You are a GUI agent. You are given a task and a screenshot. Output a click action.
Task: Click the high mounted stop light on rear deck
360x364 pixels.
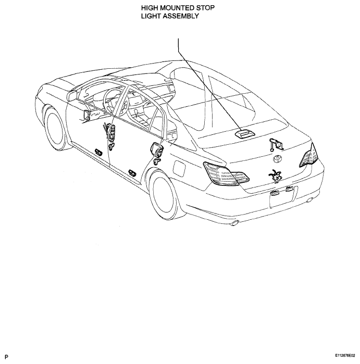245,133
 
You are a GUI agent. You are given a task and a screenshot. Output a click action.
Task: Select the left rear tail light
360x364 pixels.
226,173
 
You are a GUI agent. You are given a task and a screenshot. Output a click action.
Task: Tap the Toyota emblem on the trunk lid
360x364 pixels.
277,159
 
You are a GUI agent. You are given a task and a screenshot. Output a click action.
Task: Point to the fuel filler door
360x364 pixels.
179,168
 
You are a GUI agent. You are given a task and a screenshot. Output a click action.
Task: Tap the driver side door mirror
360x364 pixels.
72,96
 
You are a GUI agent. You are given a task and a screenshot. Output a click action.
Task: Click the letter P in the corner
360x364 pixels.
6,357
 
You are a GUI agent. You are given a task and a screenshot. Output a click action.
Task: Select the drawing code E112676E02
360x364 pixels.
345,356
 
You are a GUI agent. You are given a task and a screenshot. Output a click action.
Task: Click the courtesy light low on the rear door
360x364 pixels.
132,172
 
